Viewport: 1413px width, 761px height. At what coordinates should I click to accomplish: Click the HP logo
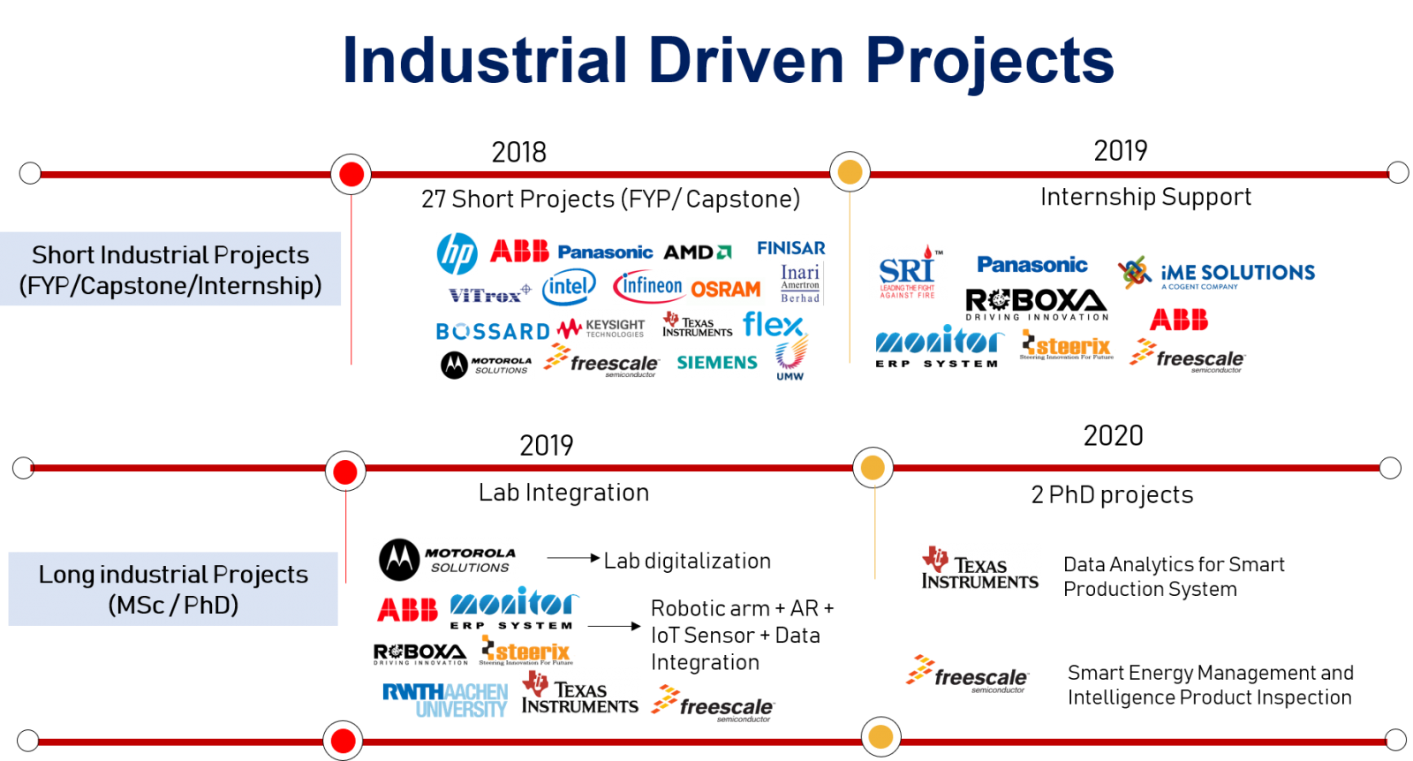457,254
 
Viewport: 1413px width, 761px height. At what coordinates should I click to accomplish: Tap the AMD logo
697,252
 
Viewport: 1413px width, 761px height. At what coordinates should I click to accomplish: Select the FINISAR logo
791,248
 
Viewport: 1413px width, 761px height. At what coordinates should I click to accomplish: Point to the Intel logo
569,286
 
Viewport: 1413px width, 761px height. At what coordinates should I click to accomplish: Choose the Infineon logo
650,286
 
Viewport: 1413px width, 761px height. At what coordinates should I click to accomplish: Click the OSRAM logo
726,290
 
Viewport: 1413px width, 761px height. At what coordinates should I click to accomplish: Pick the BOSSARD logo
492,332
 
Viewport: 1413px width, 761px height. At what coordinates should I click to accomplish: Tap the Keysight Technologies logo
601,328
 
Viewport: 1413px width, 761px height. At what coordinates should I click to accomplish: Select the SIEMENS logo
717,363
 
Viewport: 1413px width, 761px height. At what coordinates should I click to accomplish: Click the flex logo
774,324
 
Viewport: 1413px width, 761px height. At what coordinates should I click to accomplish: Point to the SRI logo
908,272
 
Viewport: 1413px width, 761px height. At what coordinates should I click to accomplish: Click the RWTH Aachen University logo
444,700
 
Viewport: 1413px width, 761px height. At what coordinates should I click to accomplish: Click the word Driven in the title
746,61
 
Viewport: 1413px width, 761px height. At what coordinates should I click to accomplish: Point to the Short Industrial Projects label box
170,269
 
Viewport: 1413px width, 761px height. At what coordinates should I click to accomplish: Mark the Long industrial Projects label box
173,589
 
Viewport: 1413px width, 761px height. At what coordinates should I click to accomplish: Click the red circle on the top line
351,174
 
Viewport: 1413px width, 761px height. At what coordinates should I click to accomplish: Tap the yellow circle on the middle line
873,468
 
